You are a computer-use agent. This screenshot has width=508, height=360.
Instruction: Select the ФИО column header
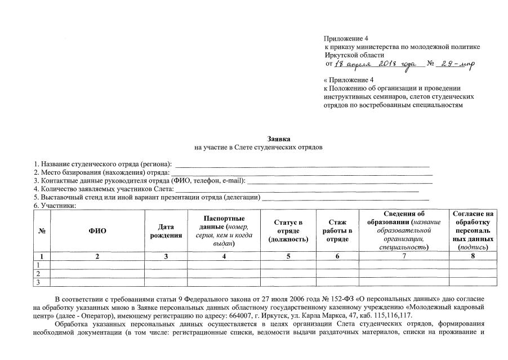tap(97, 231)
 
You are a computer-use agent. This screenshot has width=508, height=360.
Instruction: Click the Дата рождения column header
tap(166, 231)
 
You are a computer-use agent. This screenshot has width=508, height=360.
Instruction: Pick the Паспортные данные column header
tap(224, 231)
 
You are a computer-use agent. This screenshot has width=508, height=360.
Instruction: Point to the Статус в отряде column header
tap(288, 231)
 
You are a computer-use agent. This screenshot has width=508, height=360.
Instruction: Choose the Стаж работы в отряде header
tap(337, 231)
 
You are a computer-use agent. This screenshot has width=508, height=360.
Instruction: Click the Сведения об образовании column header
tap(404, 230)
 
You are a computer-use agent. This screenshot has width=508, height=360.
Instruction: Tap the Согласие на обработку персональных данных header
tap(473, 230)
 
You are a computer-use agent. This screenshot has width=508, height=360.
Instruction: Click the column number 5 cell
tap(288, 256)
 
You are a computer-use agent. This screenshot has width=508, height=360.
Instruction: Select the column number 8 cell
tap(473, 256)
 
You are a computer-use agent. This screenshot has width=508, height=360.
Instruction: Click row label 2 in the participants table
tap(38, 273)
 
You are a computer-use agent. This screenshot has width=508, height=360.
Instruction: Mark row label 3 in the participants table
tap(38, 282)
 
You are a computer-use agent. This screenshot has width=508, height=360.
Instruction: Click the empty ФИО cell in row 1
tap(97, 265)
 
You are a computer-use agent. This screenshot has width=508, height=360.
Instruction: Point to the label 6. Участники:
tap(55, 206)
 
